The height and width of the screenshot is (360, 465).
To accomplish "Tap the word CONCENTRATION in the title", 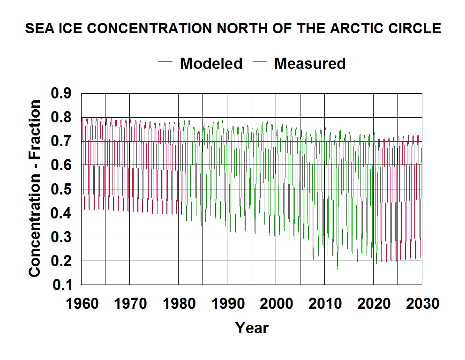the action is tap(150, 29).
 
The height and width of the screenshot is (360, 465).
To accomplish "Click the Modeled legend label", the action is tap(211, 63).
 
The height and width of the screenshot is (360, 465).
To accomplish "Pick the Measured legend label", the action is tap(310, 63).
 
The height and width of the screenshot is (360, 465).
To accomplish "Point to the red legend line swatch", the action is tap(165, 62).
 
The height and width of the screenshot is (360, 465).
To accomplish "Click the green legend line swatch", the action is tap(260, 62).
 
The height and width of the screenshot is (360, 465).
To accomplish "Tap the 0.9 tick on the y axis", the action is tap(61, 93).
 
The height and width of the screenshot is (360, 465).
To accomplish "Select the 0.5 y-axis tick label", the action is tap(61, 189).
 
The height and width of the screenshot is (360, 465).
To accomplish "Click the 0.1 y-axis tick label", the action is tap(62, 285).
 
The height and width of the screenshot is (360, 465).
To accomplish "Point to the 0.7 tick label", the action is tap(61, 141).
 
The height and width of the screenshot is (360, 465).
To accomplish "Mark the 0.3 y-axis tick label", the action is tap(61, 237).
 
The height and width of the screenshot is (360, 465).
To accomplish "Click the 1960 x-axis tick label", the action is tap(82, 304).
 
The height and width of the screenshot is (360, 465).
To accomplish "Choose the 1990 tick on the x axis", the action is tap(228, 304).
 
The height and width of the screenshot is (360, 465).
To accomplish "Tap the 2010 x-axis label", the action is tap(325, 304).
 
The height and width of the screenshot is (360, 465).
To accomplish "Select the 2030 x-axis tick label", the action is tap(423, 304).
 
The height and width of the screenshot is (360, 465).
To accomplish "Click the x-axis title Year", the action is tap(252, 328).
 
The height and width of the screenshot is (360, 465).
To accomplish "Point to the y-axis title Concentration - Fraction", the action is tap(34, 188).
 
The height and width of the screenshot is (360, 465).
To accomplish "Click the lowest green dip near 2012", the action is tap(338, 269).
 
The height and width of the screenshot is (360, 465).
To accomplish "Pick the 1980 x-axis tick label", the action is tap(180, 304).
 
